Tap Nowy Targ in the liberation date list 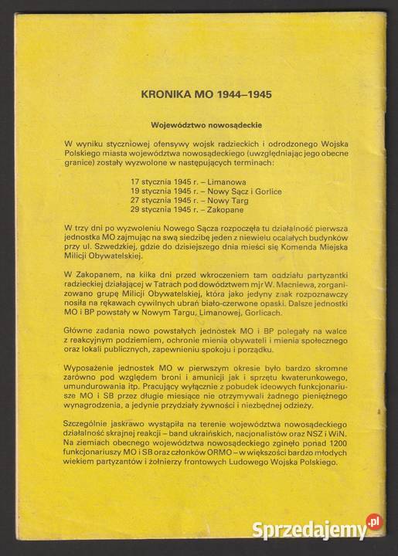tap(227, 198)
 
